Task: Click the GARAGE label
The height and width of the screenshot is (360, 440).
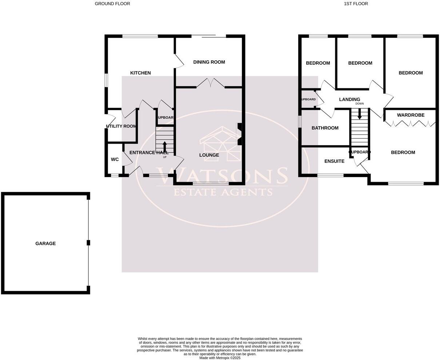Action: coord(45,243)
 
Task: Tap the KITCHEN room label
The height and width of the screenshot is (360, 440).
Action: coord(140,73)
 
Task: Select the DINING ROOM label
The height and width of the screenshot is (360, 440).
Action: coord(209,62)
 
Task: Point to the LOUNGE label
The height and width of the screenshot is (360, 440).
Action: coord(209,155)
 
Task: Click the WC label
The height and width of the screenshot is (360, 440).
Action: coord(115,159)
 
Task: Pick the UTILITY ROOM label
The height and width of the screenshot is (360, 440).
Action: coord(121,126)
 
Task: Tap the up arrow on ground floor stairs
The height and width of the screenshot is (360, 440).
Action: coord(165,147)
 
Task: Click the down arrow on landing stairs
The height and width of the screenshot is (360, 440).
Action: coord(360,114)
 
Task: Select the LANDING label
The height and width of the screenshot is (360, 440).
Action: coord(349,99)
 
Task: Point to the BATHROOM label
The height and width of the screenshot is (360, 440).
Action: coord(325,128)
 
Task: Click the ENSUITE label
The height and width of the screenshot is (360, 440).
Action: coord(334,161)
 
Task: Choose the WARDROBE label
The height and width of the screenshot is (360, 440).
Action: coord(411,115)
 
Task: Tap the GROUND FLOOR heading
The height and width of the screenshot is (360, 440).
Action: coord(112,4)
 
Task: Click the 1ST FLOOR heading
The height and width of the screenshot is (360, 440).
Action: coord(356,4)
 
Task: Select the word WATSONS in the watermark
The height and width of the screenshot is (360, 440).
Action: coord(221,176)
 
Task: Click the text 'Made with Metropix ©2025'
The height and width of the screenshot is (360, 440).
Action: coord(220,358)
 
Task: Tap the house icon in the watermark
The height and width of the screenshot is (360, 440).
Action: coord(220,144)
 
